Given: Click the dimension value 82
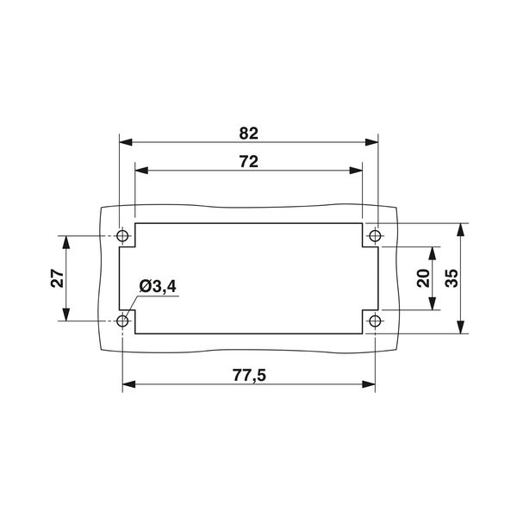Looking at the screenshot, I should coord(249,133).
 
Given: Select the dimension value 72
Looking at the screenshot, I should coord(249,160).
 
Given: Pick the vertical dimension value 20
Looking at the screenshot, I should coord(423,277).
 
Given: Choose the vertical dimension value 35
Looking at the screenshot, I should coord(451,277).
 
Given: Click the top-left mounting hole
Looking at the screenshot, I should coord(122,235).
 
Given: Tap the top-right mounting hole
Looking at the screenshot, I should coord(375,235).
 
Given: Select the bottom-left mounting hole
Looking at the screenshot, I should coord(122,321).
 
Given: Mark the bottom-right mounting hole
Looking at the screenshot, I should coord(375,321).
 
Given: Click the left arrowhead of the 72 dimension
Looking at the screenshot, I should coord(141,170).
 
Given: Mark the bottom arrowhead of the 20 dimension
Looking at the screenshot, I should coord(434,304).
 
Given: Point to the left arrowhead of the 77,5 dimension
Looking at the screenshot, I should coord(128,383).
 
